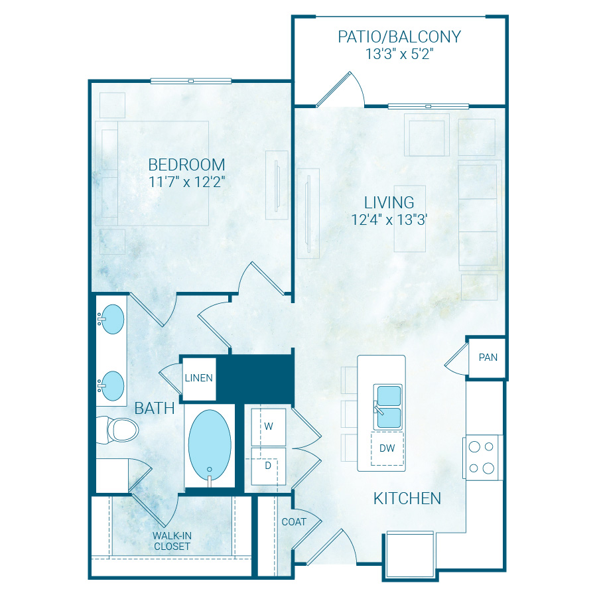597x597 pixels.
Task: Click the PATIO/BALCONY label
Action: (399, 36)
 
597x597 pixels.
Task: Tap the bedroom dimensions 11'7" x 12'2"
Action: (186, 182)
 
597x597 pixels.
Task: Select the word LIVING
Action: (389, 202)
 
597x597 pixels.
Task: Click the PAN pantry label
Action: (488, 358)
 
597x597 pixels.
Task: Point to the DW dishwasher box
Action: (387, 448)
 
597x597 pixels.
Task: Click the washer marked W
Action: (269, 427)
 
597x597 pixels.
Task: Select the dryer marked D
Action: (268, 466)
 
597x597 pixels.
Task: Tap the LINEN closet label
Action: (199, 378)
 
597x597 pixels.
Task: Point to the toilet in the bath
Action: (119, 430)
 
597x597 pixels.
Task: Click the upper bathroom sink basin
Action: (111, 320)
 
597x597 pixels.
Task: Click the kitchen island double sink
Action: (389, 406)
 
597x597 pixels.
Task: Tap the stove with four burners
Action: (482, 457)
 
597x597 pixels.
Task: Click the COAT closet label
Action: (294, 522)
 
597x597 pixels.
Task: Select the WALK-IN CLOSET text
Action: (172, 541)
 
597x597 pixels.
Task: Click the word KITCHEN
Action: (407, 498)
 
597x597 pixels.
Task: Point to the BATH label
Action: (155, 408)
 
